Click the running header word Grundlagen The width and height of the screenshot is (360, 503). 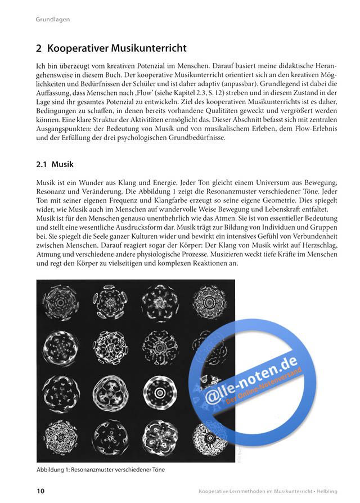[x=52, y=20]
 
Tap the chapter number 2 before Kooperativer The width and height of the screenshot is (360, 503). [x=39, y=48]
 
